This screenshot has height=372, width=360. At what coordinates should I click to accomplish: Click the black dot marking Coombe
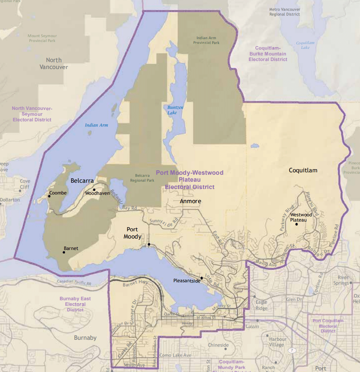tap(49, 196)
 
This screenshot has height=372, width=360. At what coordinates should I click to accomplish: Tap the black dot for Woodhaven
tap(94, 190)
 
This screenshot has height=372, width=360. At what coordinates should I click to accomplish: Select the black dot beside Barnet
tap(64, 252)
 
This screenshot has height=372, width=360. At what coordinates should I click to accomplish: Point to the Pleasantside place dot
tap(202, 278)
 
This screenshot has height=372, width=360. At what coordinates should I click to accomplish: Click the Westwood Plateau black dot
tap(296, 224)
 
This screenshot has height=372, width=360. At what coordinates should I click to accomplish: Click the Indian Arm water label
tap(97, 125)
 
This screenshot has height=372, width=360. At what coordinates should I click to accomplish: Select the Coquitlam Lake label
tap(305, 45)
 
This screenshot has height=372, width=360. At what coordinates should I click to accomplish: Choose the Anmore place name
tap(190, 201)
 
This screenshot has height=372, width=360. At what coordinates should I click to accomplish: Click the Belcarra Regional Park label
tap(142, 178)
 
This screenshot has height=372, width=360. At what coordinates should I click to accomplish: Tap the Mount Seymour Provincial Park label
tap(42, 38)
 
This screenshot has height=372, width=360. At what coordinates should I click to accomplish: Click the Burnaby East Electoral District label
tap(75, 304)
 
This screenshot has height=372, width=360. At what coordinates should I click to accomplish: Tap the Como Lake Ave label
tap(175, 355)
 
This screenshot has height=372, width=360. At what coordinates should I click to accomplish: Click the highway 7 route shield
tap(292, 351)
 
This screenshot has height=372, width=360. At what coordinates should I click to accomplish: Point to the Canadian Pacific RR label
tap(74, 282)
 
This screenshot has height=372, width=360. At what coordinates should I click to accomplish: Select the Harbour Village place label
tap(278, 342)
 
